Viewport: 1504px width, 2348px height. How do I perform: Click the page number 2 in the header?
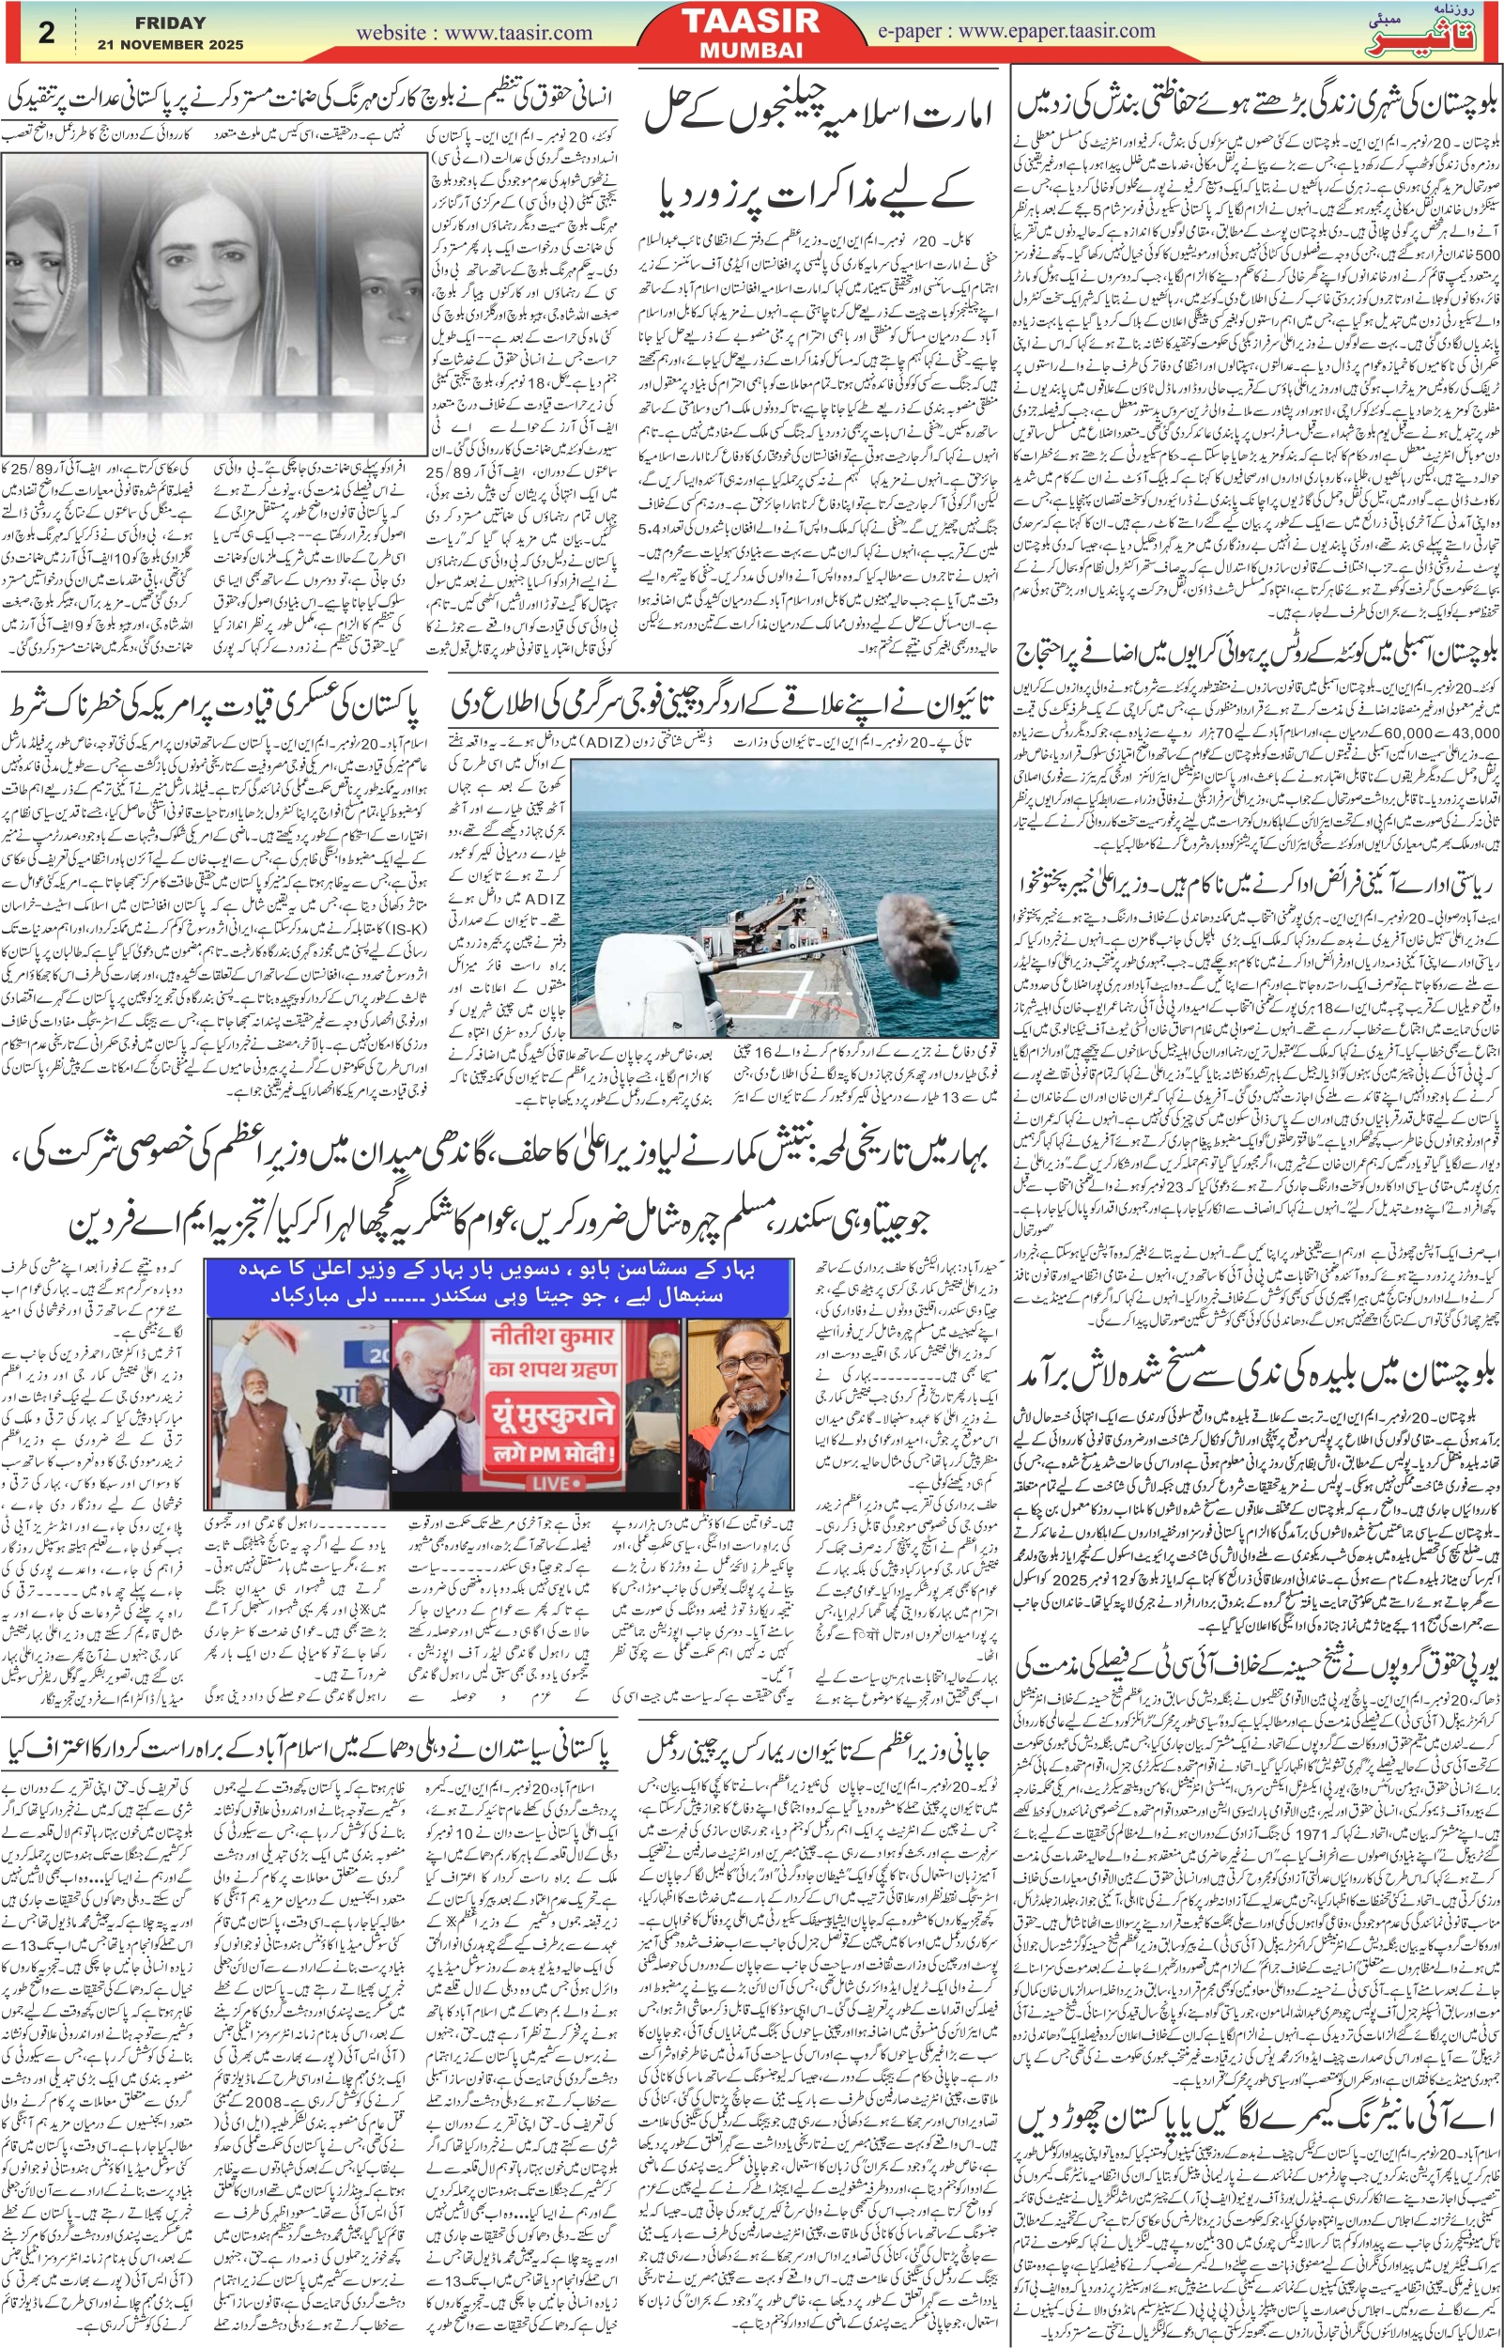click(46, 32)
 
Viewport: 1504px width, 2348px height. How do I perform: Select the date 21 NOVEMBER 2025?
click(170, 45)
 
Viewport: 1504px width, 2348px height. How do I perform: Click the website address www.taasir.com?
click(474, 32)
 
